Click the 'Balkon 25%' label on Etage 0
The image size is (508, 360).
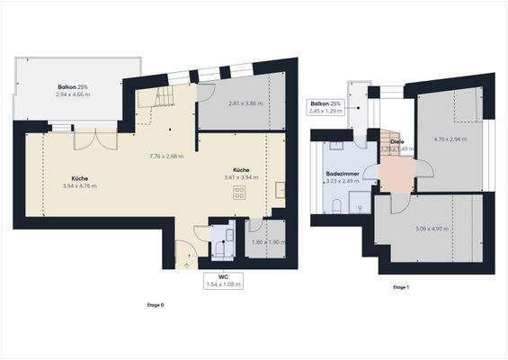coord(75,85)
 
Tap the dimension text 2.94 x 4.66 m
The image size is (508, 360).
coord(75,94)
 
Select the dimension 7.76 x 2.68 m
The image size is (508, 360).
coord(166,156)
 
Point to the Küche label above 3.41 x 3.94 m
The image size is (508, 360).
coord(241,169)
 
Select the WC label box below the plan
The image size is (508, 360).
coord(224,281)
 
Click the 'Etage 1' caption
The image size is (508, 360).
coord(401,287)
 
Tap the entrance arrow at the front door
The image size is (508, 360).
coord(187,264)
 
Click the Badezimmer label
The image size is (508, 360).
coord(343,173)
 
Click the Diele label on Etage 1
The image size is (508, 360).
coord(396,141)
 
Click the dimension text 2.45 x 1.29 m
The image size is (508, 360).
coord(326,112)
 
